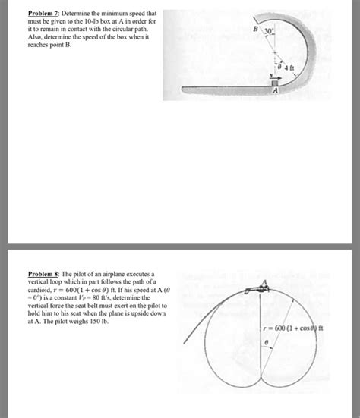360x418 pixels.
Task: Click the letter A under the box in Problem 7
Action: pos(276,93)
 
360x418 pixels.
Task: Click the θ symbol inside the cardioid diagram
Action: pos(265,343)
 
